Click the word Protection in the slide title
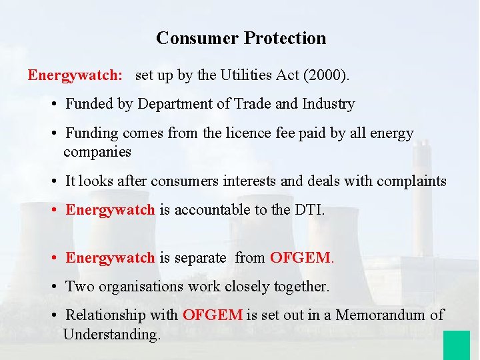coord(285,38)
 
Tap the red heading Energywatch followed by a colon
coord(75,75)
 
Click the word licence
coord(247,133)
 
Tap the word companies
coord(97,152)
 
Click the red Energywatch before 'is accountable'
coord(110,210)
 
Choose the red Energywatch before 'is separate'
coord(110,257)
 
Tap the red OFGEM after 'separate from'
coord(301,257)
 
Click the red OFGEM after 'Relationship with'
coord(213,315)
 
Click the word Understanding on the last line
coord(111,334)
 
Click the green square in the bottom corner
coord(456,345)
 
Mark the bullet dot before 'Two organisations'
coord(53,287)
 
